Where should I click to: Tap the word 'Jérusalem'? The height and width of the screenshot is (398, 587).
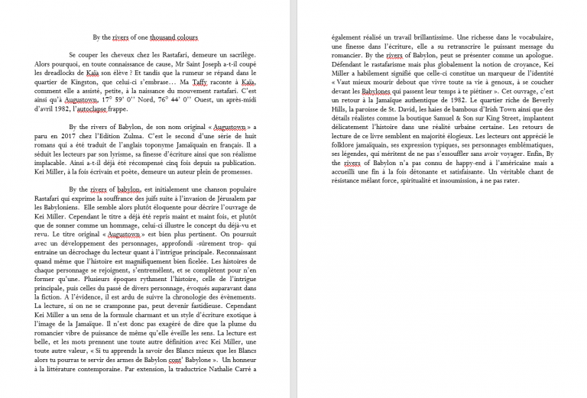pos(223,199)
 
